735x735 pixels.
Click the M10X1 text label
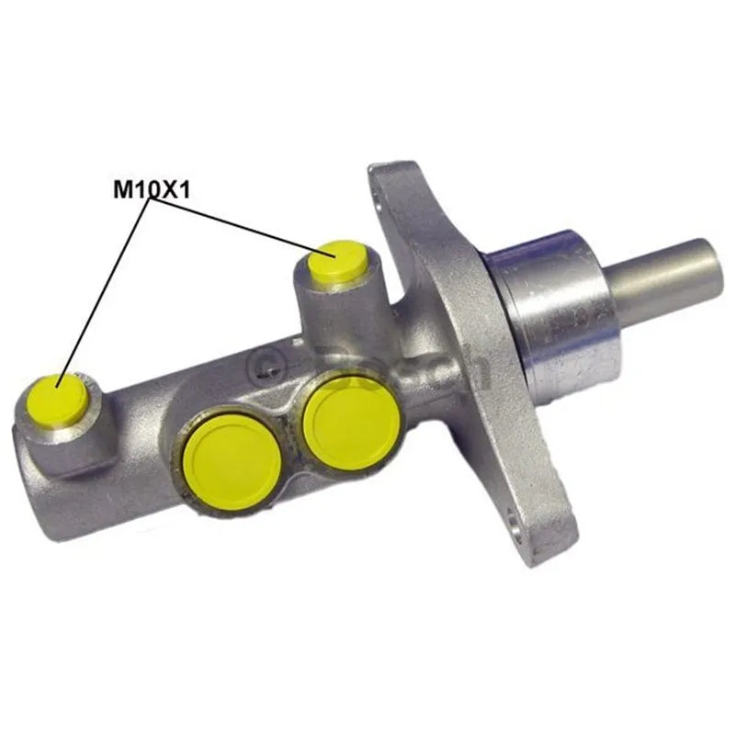(151, 190)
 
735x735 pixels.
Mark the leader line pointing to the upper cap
(239, 225)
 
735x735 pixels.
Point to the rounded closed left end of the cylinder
(37, 478)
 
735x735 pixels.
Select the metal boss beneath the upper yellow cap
(340, 312)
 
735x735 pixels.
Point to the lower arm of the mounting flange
(533, 496)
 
